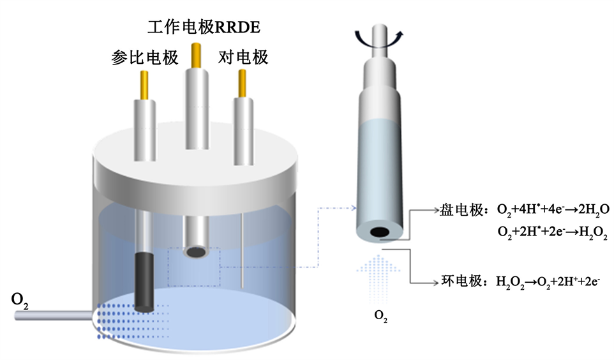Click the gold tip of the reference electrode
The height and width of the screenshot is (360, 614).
point(145,84)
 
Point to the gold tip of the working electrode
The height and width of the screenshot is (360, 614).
point(196,56)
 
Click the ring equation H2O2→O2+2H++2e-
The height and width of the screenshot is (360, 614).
point(548,281)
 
